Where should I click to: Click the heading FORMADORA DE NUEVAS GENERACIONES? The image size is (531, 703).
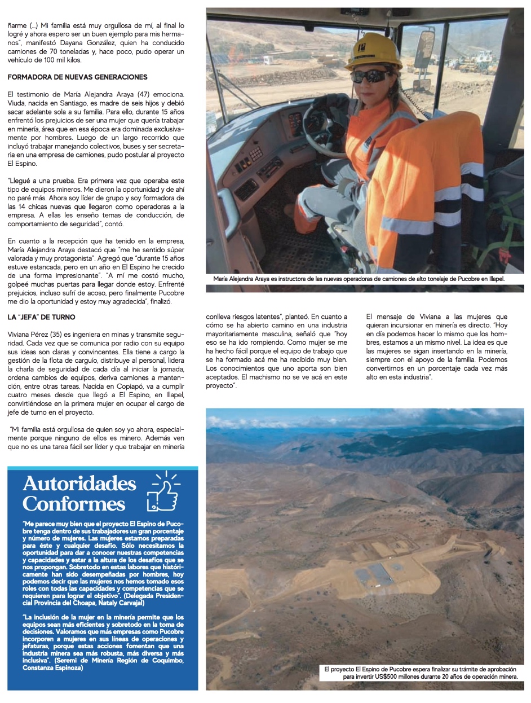point(78,77)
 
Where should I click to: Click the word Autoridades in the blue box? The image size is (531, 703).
point(79,484)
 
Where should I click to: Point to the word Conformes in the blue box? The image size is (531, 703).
point(74,503)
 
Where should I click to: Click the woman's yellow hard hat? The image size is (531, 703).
point(373,51)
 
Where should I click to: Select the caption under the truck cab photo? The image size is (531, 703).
point(359,279)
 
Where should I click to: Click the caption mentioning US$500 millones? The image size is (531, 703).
point(421,673)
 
